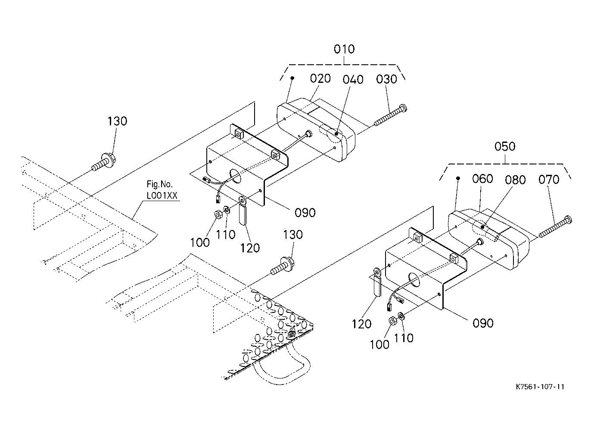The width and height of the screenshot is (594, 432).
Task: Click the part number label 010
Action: coord(344,49)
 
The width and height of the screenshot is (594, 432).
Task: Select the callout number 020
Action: coord(320,79)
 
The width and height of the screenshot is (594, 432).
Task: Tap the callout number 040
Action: coord(353,80)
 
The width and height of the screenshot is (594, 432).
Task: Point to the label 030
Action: coord(387,79)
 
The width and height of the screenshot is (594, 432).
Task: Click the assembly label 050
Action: coord(505,146)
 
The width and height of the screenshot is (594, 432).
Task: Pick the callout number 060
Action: coord(482,179)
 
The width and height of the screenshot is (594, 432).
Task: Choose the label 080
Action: coord(515,180)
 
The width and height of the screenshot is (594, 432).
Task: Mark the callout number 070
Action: coord(549,180)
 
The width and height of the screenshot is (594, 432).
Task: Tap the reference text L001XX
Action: coord(162,196)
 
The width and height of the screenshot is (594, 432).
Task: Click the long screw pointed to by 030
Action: coord(390,115)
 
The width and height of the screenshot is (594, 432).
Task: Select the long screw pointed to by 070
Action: coord(555,227)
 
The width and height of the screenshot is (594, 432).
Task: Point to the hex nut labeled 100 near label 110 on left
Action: coord(218,214)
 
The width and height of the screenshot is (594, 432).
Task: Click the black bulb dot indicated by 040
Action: coord(336,134)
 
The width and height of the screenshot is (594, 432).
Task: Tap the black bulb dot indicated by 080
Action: coord(482,227)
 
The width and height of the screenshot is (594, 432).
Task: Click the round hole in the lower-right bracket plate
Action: coord(414,280)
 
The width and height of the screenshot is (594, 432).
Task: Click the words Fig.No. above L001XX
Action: coord(159,184)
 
